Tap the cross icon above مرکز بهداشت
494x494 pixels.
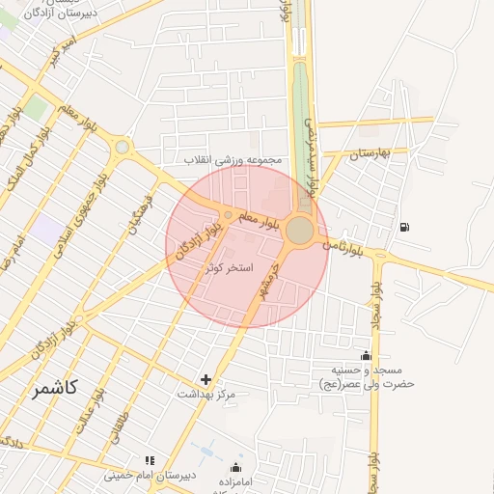pos(205,380)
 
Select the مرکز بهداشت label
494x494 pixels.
pos(206,395)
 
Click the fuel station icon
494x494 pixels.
pos(402,227)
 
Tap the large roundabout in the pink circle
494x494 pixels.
pos(299,231)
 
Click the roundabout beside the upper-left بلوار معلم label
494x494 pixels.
pos(122,147)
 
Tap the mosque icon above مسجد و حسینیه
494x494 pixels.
pos(365,356)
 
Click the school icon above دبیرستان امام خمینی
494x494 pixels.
pos(149,461)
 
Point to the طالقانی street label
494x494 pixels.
pos(113,425)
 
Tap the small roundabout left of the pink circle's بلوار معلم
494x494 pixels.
pos(228,214)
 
